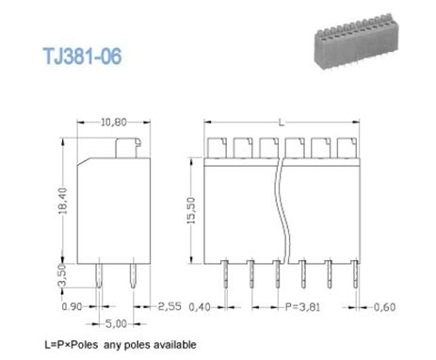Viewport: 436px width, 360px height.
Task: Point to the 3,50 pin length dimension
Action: coord(62,275)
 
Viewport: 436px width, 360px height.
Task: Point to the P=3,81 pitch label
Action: coord(299,306)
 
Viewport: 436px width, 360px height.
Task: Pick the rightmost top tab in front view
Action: coord(345,145)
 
